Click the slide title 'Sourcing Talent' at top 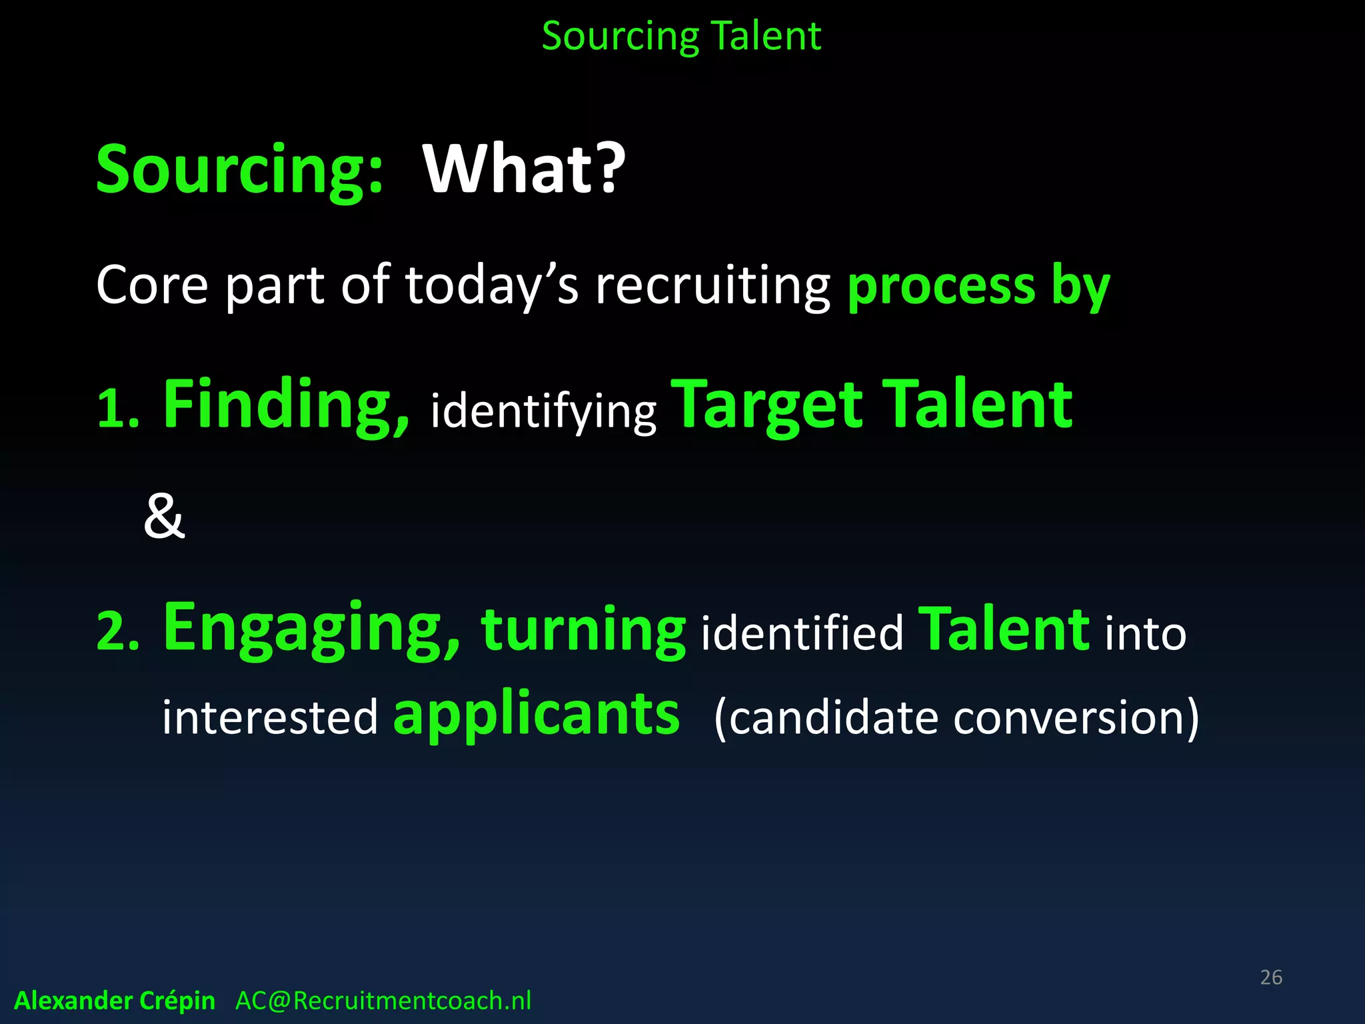681,36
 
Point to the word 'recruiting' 712,287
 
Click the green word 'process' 941,287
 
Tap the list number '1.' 118,408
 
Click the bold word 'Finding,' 287,405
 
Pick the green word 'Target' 766,405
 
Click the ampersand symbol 164,517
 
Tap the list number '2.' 118,631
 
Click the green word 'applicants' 537,715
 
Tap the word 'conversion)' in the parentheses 1076,717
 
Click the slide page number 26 1271,977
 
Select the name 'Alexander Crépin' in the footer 115,1001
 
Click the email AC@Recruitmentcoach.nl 383,1001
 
